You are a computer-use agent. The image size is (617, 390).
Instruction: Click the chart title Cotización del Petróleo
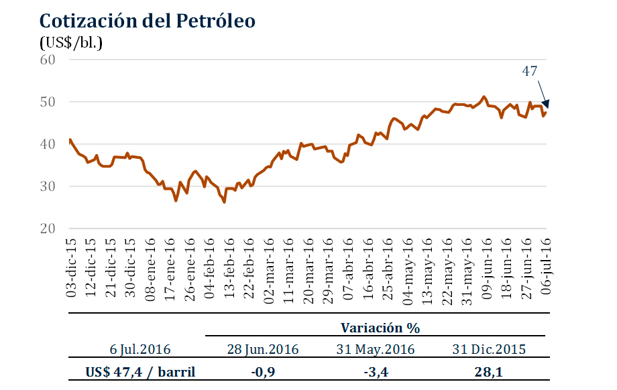coord(148,21)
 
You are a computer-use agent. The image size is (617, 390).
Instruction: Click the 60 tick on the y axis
coord(48,60)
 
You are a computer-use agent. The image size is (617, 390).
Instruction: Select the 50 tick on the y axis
coord(48,102)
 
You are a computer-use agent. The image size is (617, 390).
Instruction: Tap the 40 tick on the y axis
coord(48,144)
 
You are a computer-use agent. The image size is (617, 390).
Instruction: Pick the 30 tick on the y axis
coord(48,186)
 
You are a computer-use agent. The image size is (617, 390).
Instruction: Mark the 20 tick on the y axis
coord(48,229)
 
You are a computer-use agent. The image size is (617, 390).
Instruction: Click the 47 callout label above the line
coord(530,70)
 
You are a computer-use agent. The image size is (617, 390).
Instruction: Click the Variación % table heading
coord(380,328)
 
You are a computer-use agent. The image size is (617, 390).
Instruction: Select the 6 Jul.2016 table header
coord(140,349)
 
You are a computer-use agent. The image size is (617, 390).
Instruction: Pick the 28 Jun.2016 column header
coord(263,349)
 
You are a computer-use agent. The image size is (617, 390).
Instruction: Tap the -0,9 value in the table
coord(263,371)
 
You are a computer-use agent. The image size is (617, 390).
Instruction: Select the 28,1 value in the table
coord(488,371)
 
